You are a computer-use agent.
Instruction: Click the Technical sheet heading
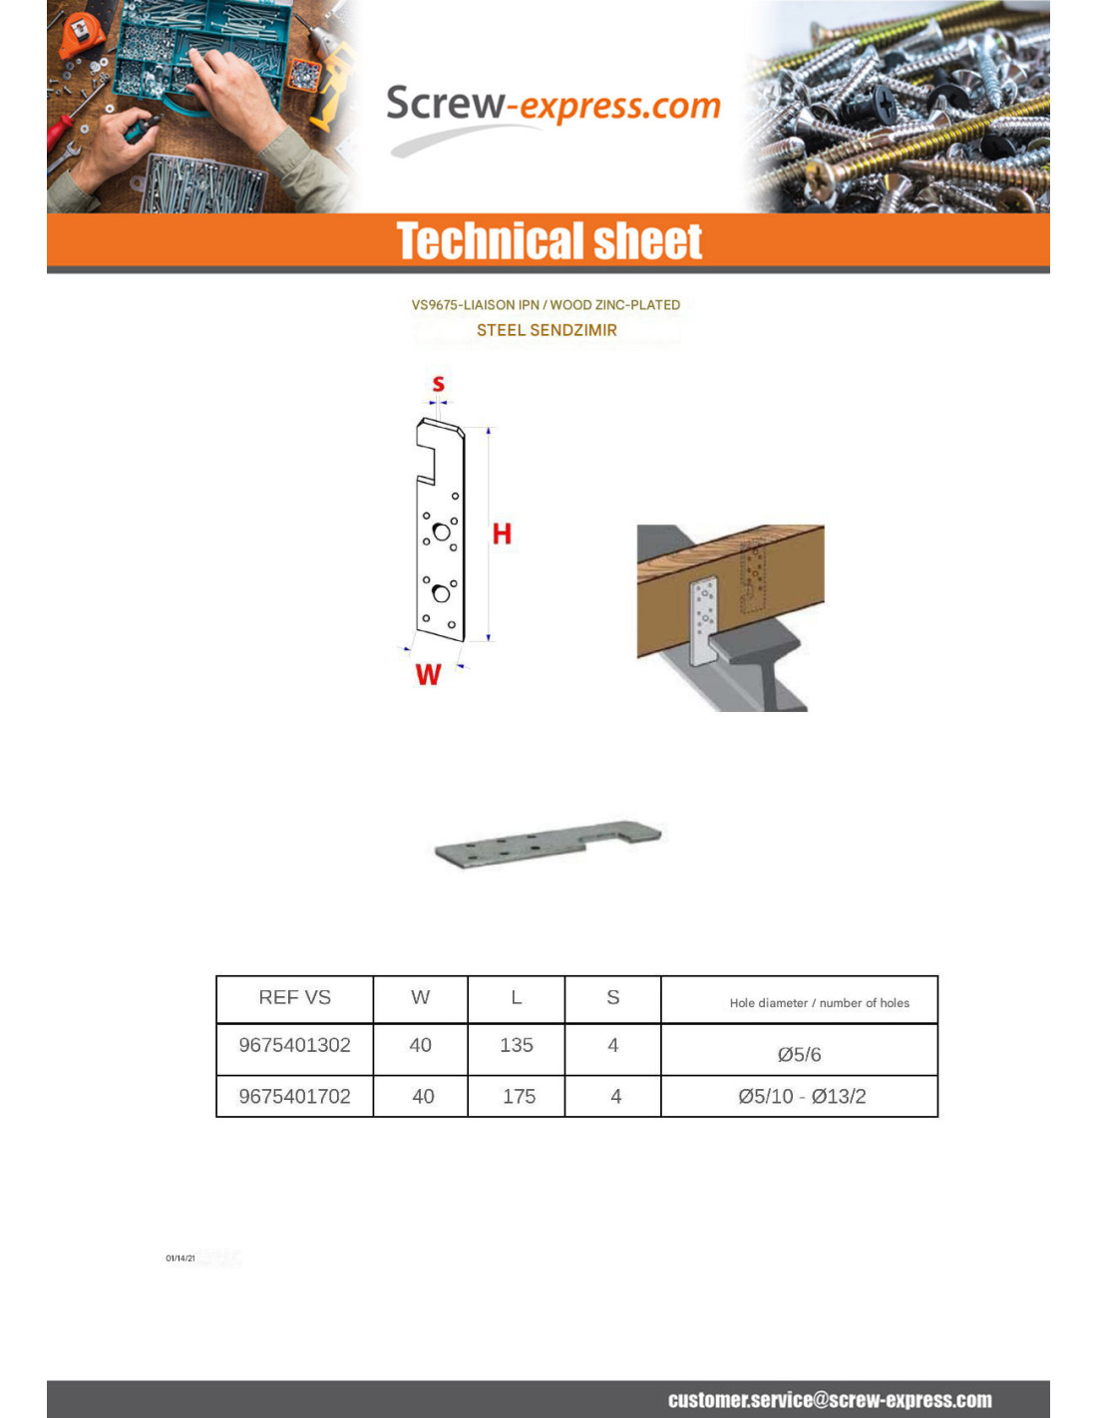pyautogui.click(x=548, y=241)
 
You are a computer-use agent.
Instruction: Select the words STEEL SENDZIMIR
pyautogui.click(x=547, y=330)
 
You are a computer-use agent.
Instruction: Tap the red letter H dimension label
pyautogui.click(x=502, y=534)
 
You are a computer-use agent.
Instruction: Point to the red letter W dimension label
pyautogui.click(x=428, y=675)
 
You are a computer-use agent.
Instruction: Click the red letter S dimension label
pyautogui.click(x=438, y=384)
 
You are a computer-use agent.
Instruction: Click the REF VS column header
pyautogui.click(x=294, y=998)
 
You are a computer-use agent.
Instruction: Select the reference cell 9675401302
pyautogui.click(x=294, y=1045)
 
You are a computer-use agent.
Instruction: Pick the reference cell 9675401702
pyautogui.click(x=294, y=1096)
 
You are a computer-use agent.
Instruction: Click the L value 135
pyautogui.click(x=516, y=1045)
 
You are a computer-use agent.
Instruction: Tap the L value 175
pyautogui.click(x=519, y=1096)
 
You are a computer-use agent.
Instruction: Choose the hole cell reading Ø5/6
pyautogui.click(x=799, y=1054)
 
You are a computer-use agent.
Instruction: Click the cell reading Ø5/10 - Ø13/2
pyautogui.click(x=802, y=1096)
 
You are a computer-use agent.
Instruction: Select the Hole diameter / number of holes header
pyautogui.click(x=819, y=1003)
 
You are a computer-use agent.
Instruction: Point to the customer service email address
pyautogui.click(x=829, y=1400)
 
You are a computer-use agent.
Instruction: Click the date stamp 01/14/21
pyautogui.click(x=181, y=1258)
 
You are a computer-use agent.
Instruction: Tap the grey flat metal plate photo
pyautogui.click(x=547, y=844)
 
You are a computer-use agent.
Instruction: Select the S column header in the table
pyautogui.click(x=613, y=997)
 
